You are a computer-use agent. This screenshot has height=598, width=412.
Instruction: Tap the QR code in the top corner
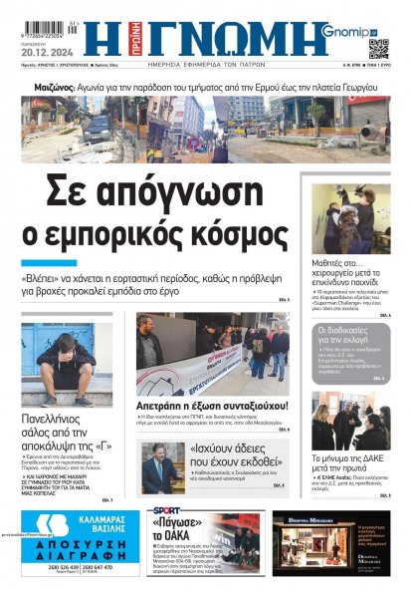(379, 47)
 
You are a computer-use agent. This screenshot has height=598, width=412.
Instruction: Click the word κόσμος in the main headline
(232, 235)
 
